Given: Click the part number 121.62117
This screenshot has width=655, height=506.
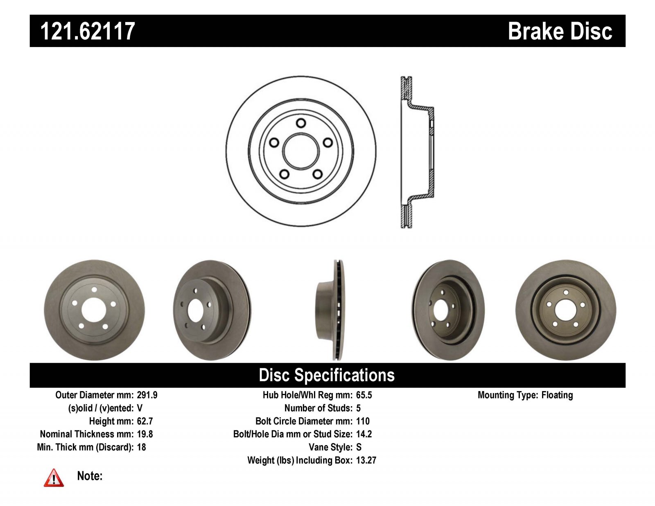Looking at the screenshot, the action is click(88, 31).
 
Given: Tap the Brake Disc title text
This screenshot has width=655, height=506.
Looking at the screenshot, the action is click(560, 31).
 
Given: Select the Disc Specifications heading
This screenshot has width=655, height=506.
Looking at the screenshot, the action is click(327, 375).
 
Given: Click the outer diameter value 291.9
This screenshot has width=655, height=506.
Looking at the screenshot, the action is click(147, 395).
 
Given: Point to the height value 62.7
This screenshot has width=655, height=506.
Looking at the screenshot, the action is click(145, 421).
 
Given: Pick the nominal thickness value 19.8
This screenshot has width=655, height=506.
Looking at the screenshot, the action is click(145, 434).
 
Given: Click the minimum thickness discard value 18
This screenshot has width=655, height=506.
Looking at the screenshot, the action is click(141, 447).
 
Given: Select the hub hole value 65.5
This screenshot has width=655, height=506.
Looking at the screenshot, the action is click(364, 395).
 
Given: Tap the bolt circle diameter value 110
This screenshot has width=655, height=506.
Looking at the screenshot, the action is click(363, 421).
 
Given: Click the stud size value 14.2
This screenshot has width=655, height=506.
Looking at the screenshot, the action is click(364, 434).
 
